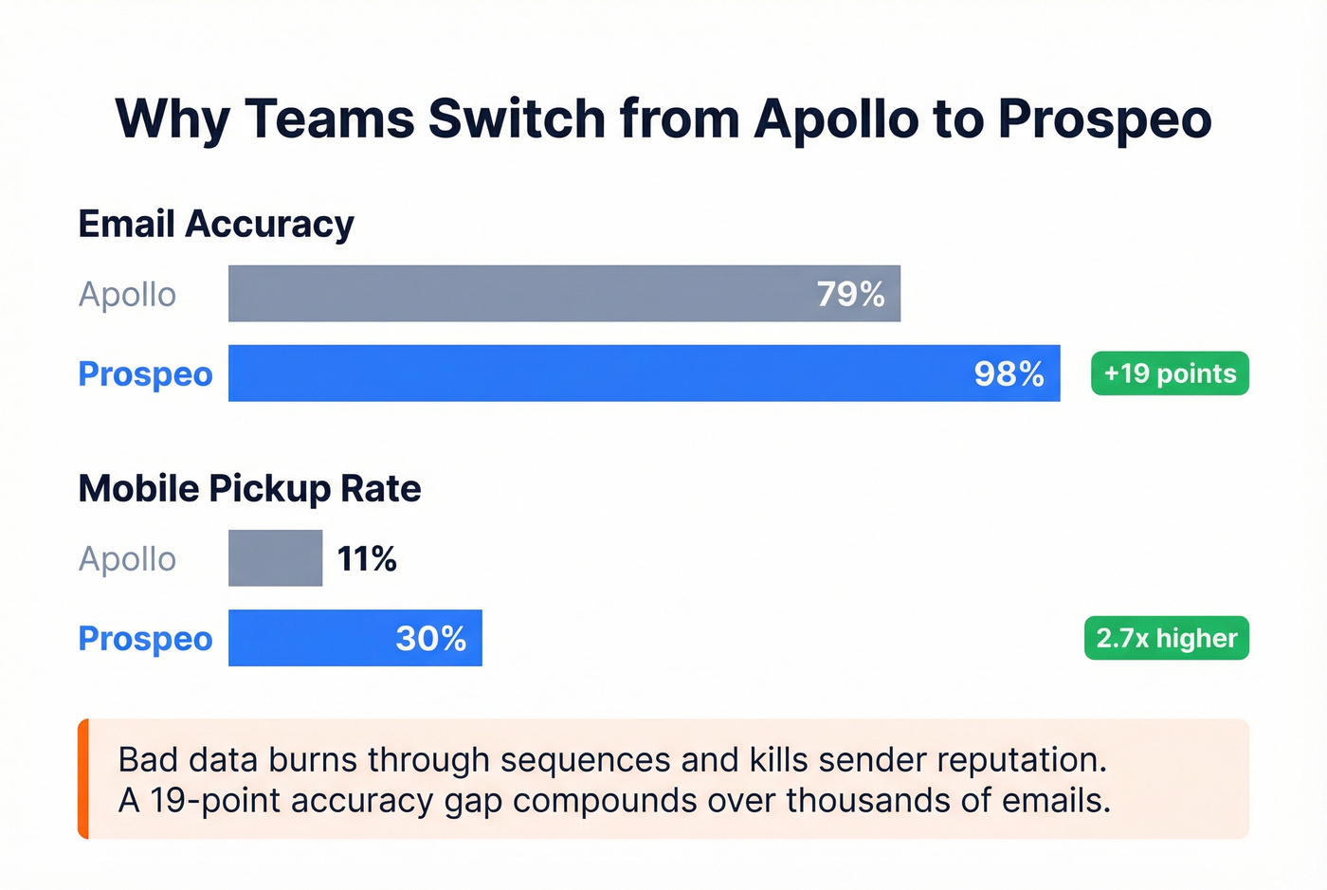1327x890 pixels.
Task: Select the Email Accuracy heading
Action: [216, 225]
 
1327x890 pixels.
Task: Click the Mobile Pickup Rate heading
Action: [249, 489]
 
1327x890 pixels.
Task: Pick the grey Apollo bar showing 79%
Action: [521, 294]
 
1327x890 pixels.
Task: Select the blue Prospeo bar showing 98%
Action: [588, 373]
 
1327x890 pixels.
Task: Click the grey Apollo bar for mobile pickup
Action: [275, 558]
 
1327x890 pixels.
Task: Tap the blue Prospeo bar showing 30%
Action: [313, 638]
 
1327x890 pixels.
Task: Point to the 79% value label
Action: [850, 295]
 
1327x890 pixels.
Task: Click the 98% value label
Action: [1009, 374]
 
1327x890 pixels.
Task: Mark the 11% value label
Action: [367, 559]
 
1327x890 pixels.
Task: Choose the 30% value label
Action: [430, 639]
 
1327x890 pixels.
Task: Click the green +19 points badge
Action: [1170, 373]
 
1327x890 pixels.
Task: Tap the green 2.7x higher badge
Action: [1167, 638]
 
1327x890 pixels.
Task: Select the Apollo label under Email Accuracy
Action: [127, 295]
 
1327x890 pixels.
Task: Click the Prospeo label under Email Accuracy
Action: [145, 374]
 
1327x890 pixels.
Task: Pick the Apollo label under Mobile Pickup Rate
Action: [127, 559]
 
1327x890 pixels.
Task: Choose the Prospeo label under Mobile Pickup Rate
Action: [145, 639]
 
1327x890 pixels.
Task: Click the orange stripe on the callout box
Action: [83, 779]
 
